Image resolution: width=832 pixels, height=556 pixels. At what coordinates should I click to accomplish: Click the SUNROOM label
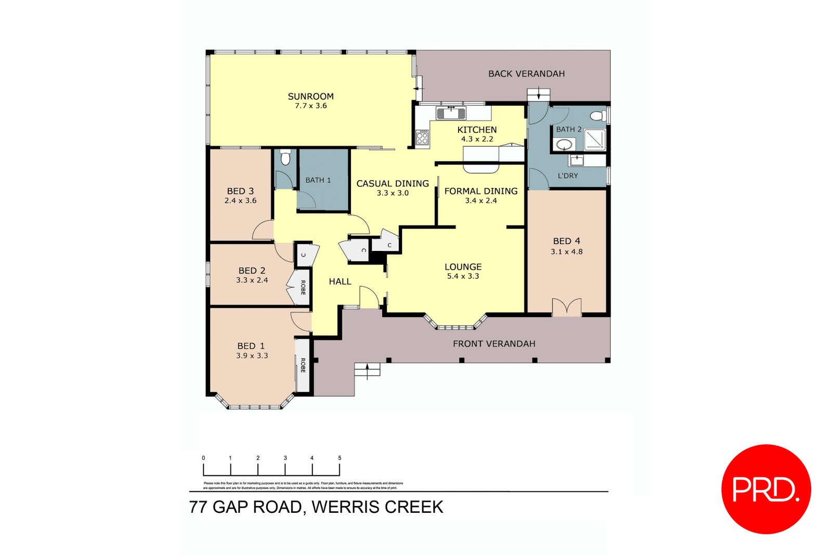point(310,96)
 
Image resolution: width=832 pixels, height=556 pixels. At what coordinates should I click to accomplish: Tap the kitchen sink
point(450,112)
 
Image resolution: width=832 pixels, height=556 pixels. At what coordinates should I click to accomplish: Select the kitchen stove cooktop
point(422,137)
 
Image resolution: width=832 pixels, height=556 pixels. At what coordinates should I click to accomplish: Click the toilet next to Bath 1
point(285,157)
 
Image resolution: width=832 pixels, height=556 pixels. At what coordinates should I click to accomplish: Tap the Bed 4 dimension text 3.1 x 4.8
point(566,251)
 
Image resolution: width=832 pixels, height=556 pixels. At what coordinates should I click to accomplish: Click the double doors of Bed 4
point(566,308)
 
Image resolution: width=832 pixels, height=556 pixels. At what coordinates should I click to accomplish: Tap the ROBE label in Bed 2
point(303,287)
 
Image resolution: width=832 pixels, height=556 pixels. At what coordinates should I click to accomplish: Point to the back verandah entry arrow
point(539,95)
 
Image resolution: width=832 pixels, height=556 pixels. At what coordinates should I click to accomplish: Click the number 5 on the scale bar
point(340,458)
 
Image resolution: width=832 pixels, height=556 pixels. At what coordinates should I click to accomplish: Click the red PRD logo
point(765,489)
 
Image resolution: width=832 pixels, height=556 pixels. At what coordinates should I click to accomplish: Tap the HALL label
point(340,282)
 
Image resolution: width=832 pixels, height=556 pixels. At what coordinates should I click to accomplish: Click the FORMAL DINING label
point(480,191)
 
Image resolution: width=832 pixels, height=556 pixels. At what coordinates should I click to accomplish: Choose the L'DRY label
point(567,176)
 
